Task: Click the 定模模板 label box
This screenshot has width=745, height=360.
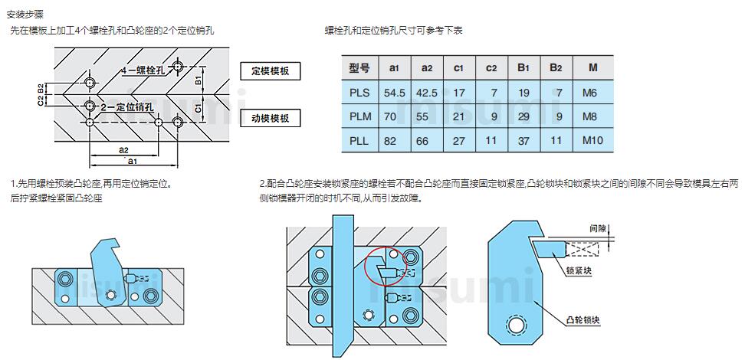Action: tap(270, 71)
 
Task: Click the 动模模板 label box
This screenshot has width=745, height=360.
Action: tap(270, 118)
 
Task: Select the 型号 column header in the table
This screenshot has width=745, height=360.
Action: tap(359, 67)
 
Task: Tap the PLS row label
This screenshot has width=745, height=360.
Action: tap(359, 93)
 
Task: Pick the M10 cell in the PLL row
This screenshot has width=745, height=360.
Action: tap(592, 141)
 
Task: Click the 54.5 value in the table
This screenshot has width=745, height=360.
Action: tap(394, 93)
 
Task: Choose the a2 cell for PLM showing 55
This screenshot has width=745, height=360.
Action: tap(427, 117)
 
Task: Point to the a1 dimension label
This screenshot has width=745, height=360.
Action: tap(132, 162)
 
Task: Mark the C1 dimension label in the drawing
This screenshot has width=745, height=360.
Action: tap(198, 108)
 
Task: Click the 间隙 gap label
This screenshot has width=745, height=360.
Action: tap(599, 228)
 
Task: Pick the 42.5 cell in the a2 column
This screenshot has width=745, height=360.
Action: tap(427, 93)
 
